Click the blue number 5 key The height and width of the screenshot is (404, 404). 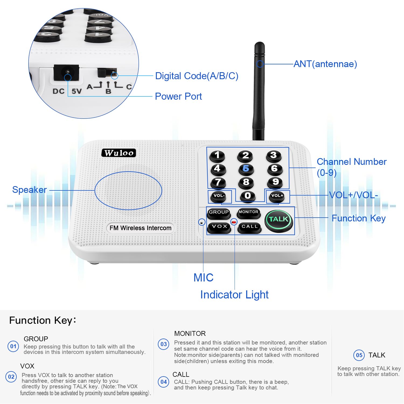[246, 169]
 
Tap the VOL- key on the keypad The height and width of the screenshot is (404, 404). [219, 196]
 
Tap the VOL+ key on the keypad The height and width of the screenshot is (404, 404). [277, 196]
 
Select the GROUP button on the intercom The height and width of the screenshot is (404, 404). [219, 213]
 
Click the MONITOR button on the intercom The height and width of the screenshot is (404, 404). [248, 213]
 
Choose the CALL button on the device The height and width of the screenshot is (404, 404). [249, 227]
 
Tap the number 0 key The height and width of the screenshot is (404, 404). [248, 196]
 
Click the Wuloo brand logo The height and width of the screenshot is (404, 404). [119, 153]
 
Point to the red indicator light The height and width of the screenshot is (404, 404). [234, 222]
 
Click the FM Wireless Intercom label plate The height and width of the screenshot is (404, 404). [140, 228]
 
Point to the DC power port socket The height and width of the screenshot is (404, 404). [67, 72]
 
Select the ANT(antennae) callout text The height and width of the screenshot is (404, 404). [325, 64]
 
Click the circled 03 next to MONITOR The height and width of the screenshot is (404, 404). [163, 344]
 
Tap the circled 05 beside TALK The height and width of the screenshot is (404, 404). [359, 355]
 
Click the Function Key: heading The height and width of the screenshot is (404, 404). [43, 321]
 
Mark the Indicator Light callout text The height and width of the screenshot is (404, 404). [234, 295]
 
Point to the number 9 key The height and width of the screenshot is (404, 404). [275, 182]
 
